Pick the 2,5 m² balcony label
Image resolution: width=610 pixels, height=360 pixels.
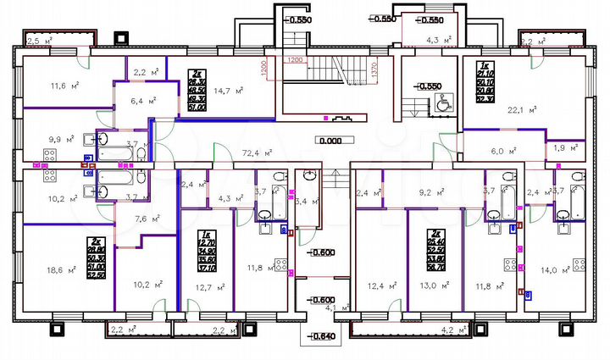click(38, 40)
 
